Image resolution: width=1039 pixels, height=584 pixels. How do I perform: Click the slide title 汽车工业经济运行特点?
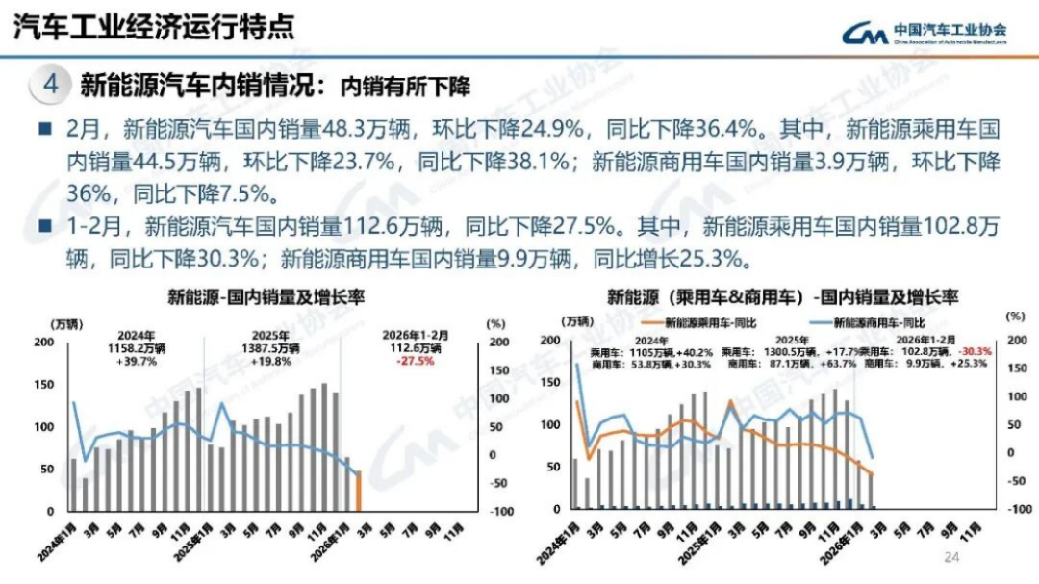(x=153, y=26)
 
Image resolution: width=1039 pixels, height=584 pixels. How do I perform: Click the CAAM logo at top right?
(x=925, y=32)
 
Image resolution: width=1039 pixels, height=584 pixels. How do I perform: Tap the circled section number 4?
(x=51, y=86)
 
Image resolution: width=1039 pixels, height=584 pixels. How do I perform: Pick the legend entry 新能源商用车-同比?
(x=878, y=323)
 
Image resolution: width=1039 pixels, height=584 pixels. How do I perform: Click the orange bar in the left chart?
(x=358, y=491)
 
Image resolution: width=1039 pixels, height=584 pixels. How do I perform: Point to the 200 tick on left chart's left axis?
(x=44, y=342)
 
